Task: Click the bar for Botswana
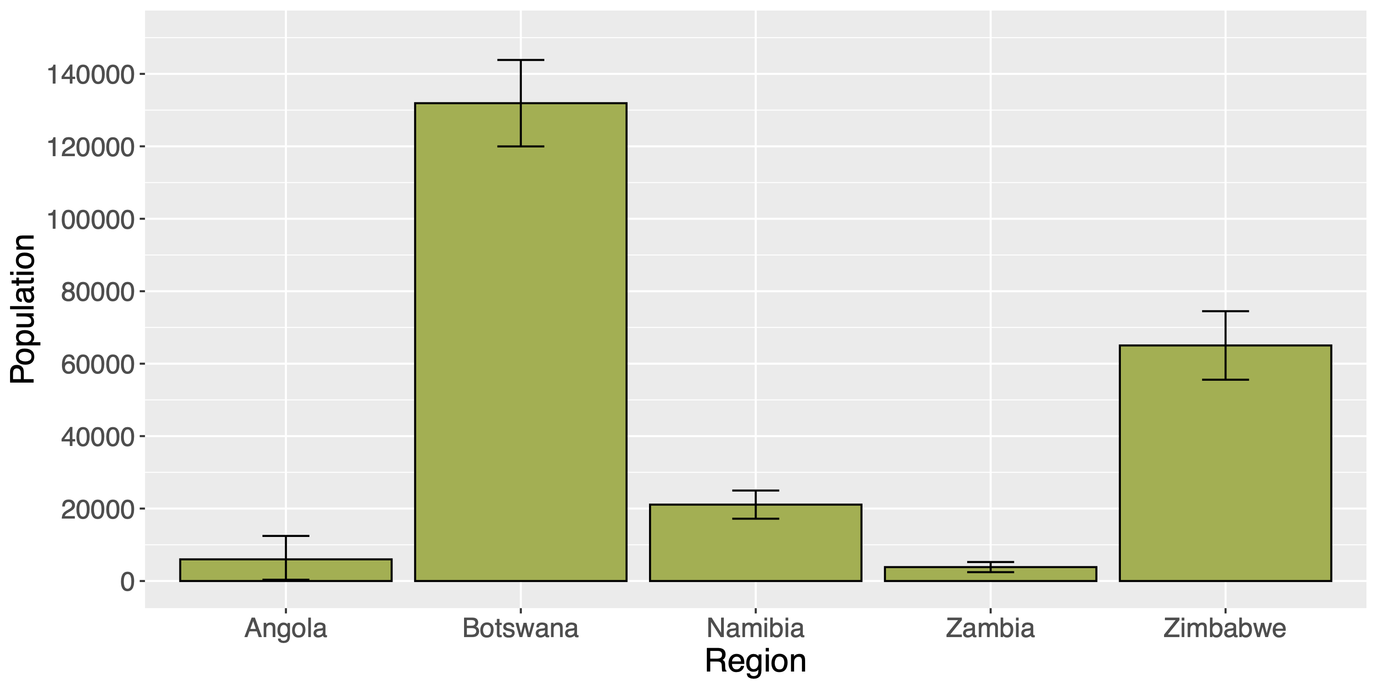tap(520, 342)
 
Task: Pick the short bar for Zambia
tap(990, 574)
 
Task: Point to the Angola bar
tap(285, 570)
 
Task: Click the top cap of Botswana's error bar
tap(520, 60)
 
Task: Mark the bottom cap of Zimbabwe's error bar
tap(1225, 380)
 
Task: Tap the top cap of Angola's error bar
tap(285, 536)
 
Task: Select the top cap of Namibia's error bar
tap(756, 491)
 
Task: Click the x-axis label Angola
tap(285, 628)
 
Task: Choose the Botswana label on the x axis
tap(520, 628)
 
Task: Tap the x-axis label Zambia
tap(990, 628)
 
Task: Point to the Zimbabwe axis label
tap(1225, 628)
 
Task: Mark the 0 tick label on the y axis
tap(127, 582)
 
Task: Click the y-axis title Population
tap(22, 309)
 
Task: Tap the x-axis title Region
tap(756, 661)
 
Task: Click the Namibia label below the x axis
tap(756, 628)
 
